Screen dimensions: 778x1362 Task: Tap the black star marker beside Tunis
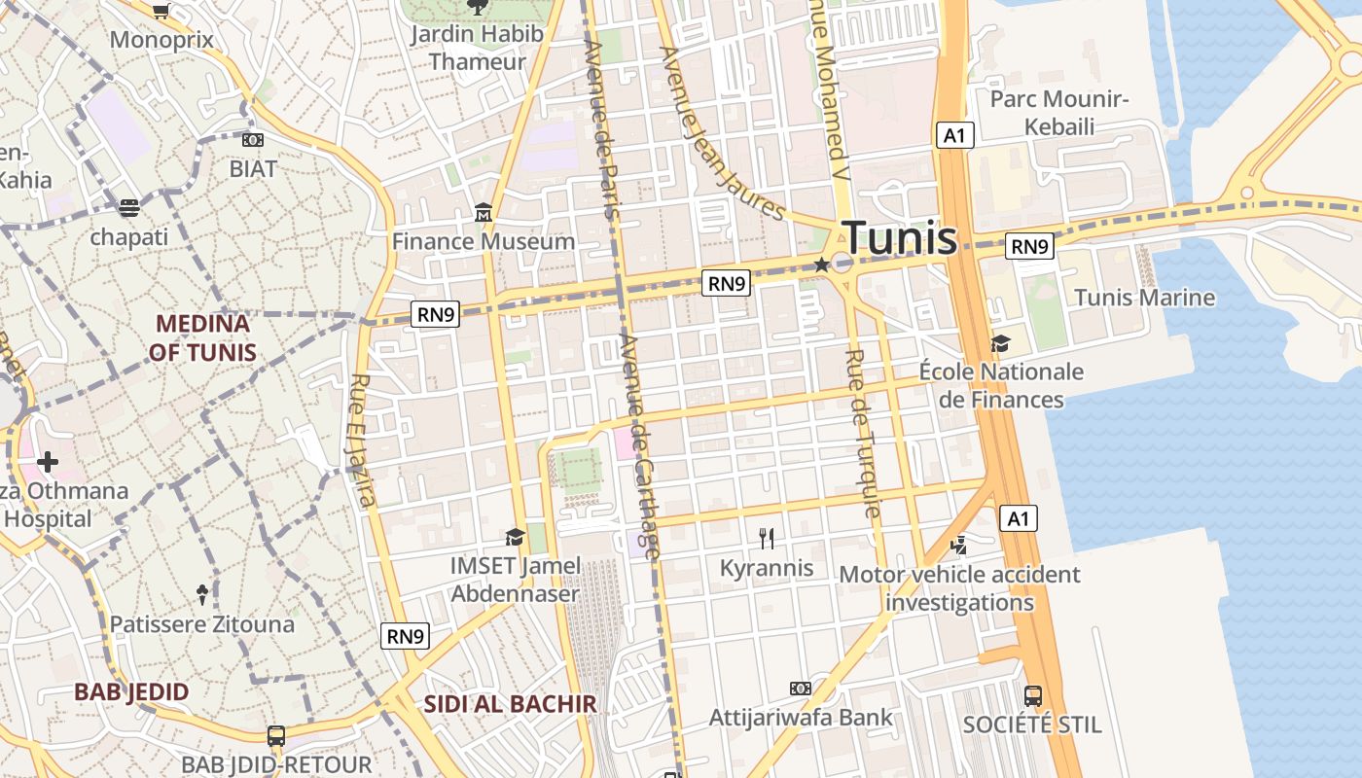(822, 265)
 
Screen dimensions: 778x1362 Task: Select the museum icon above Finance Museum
(484, 212)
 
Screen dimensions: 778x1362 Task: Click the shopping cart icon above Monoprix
(161, 11)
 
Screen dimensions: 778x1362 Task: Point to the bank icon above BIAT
(253, 140)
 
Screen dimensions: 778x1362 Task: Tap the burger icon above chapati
(129, 207)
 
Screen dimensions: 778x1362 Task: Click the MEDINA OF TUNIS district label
(202, 337)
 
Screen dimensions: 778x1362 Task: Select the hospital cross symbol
(47, 461)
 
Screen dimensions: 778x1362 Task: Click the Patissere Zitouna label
(201, 623)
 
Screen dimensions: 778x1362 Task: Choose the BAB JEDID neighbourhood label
(131, 692)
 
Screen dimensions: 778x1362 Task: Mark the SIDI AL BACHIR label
(510, 703)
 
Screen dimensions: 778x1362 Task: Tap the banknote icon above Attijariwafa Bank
(801, 689)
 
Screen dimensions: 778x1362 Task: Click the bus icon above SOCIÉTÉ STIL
(1032, 696)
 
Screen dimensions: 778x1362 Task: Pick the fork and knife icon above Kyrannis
(767, 539)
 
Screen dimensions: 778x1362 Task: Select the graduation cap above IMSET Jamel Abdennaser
(515, 537)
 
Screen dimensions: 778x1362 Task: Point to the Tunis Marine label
(1144, 298)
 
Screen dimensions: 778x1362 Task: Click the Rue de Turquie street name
(863, 433)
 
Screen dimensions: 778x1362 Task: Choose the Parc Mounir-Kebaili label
(1058, 113)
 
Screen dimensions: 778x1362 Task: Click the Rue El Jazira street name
(362, 440)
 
